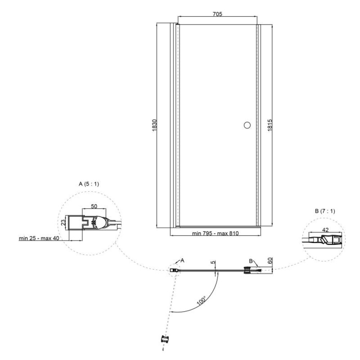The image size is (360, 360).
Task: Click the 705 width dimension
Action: click(x=217, y=14)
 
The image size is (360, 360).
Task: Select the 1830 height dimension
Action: click(x=154, y=125)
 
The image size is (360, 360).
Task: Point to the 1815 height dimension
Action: click(x=270, y=125)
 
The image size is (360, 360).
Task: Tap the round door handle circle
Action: click(x=247, y=125)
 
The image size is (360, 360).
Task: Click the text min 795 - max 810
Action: click(x=215, y=234)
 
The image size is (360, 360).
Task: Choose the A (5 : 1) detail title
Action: click(x=89, y=184)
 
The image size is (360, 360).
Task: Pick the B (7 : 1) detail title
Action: click(x=325, y=211)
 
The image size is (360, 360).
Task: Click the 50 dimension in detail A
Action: click(x=94, y=206)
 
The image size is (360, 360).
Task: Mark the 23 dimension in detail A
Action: click(x=63, y=222)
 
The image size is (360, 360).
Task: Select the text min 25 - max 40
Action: click(x=39, y=238)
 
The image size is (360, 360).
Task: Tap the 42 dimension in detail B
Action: click(x=325, y=230)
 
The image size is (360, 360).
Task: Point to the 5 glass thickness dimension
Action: click(x=213, y=262)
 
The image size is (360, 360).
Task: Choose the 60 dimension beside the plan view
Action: click(x=270, y=261)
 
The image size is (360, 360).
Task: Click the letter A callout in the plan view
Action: click(x=183, y=260)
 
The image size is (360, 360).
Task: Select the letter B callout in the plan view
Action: click(x=251, y=261)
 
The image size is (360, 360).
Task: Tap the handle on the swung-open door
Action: click(x=165, y=339)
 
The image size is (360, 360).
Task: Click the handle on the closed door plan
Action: click(x=247, y=270)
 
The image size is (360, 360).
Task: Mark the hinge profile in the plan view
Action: click(x=175, y=270)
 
